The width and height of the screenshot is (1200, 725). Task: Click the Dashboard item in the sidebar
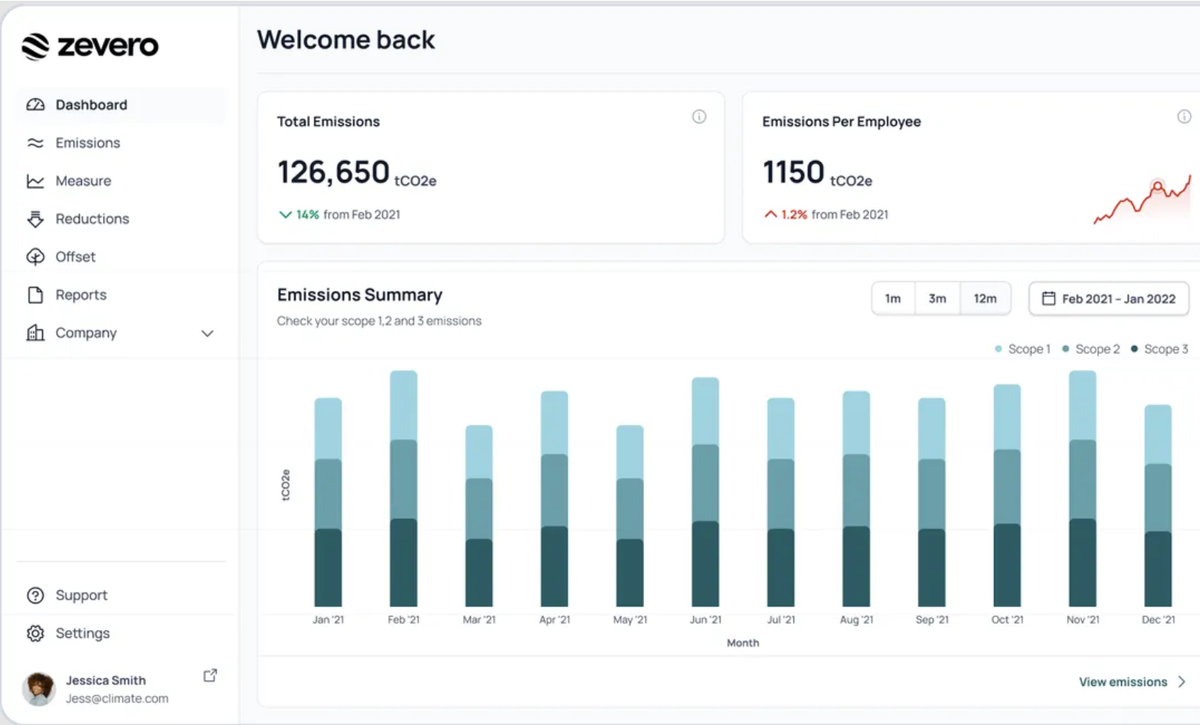tap(90, 105)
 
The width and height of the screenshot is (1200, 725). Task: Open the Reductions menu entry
tap(92, 219)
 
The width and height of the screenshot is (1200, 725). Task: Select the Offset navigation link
tap(75, 257)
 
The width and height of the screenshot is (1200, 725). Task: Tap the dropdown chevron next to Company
tap(207, 334)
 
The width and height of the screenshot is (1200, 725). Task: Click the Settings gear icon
tap(35, 634)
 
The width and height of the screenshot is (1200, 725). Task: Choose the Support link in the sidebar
tap(80, 596)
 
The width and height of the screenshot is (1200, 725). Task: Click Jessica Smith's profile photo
tap(39, 689)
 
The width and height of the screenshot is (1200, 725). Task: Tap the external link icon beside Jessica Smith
tap(210, 675)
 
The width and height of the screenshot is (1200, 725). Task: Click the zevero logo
tap(90, 46)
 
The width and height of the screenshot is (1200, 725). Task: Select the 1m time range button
tap(893, 299)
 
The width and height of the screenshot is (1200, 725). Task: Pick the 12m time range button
tap(985, 299)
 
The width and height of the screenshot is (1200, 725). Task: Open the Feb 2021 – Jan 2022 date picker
tap(1109, 299)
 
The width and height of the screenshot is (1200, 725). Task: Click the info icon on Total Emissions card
tap(699, 116)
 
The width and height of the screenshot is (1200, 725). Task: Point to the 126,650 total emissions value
tap(333, 172)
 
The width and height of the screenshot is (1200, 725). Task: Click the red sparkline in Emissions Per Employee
tap(1142, 201)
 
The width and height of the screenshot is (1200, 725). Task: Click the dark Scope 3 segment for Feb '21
tap(404, 563)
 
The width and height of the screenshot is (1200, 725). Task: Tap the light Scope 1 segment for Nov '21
tap(1082, 405)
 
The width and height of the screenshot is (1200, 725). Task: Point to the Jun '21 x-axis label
tap(705, 619)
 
